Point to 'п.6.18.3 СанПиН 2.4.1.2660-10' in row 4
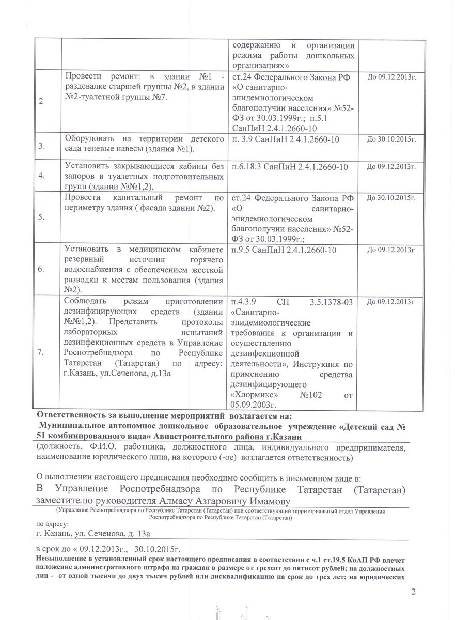tap(290, 166)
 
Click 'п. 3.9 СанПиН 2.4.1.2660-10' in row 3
tap(287, 138)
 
